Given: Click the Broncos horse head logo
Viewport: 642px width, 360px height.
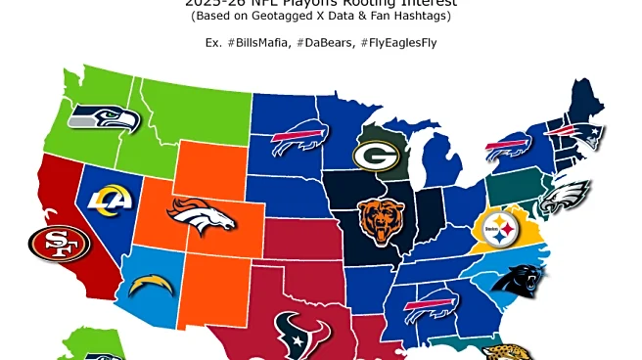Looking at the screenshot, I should pyautogui.click(x=202, y=217).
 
